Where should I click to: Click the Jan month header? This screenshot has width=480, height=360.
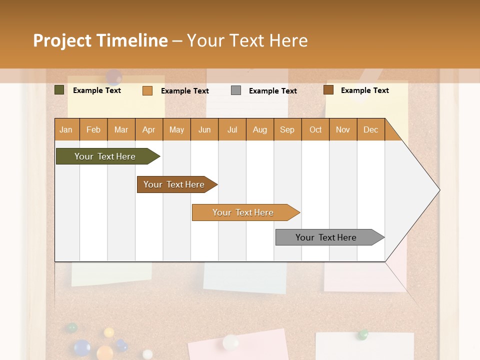coord(66,129)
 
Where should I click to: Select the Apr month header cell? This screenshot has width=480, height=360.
coord(149,129)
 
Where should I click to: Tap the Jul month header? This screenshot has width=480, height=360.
coord(232,129)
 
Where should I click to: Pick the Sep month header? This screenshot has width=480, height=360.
coord(287,129)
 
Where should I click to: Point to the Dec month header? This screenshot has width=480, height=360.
coord(370,129)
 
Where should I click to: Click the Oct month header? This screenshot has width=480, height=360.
coord(315,129)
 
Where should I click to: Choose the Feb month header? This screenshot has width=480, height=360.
coord(93,129)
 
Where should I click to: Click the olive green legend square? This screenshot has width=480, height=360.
coord(59,90)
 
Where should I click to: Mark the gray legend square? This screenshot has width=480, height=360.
coord(236,90)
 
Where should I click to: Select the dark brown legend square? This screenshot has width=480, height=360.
coord(328,90)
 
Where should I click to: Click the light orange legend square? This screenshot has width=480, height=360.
coord(147,90)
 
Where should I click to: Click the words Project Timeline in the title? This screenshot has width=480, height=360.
coord(100,40)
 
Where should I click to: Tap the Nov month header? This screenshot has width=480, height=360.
coord(343,129)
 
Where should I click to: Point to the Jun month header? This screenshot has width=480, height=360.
coord(204,129)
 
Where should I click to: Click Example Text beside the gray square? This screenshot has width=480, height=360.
coord(273,90)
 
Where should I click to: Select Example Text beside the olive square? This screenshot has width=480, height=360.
coord(97,90)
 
